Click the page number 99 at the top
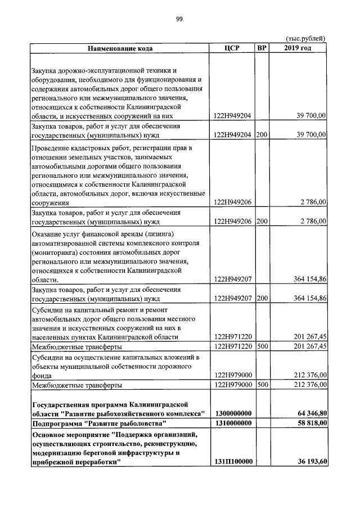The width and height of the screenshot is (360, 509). click(x=179, y=19)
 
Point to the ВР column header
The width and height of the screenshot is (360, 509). click(x=262, y=48)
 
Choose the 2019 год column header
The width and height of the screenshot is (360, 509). click(x=298, y=48)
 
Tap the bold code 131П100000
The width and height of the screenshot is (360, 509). click(x=233, y=462)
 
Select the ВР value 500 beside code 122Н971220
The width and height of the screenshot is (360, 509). click(x=262, y=346)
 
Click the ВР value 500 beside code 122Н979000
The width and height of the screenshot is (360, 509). click(x=262, y=385)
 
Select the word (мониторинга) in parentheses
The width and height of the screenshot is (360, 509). click(x=56, y=252)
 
